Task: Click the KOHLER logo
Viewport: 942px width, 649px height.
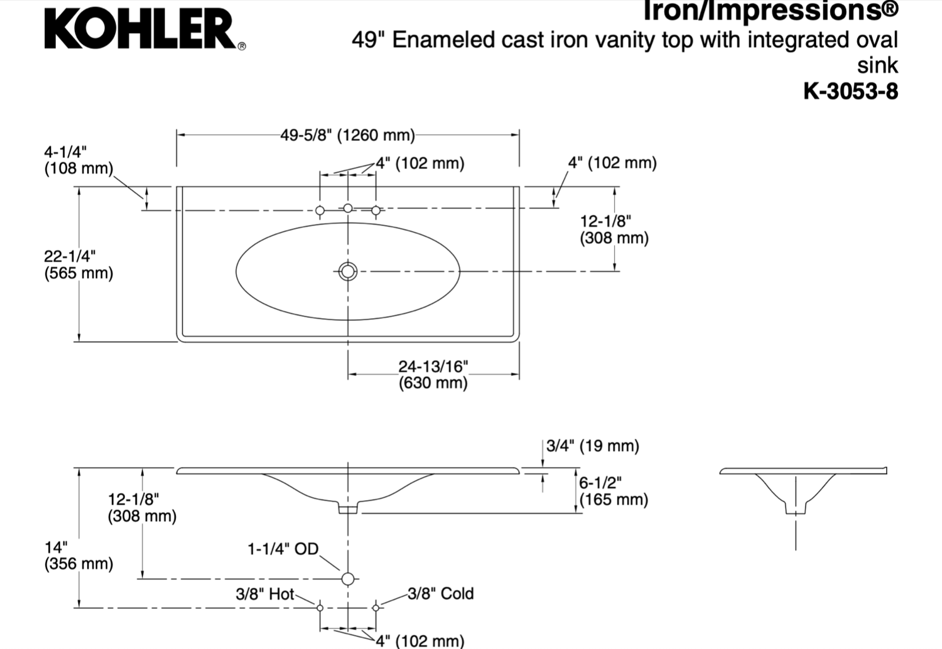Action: pos(145,29)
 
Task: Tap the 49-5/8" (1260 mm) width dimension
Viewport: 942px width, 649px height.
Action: pos(347,135)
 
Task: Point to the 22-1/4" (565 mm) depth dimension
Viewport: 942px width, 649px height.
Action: pos(79,264)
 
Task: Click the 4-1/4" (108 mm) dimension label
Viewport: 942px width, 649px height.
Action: pos(79,160)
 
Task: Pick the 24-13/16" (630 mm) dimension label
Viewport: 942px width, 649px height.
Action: pos(433,375)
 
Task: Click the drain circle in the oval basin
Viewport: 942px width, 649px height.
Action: pos(348,271)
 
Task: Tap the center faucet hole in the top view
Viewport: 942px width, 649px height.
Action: pos(348,208)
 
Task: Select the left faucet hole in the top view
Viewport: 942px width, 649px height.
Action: pos(320,210)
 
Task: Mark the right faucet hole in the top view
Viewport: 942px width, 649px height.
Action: pos(376,210)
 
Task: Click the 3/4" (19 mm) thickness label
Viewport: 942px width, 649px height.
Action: pos(592,446)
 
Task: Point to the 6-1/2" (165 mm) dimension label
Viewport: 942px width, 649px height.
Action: pos(613,491)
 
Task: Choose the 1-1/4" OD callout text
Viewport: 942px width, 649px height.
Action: pos(283,549)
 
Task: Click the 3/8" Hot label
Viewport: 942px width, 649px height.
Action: pos(265,594)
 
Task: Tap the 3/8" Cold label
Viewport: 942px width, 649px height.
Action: pos(440,594)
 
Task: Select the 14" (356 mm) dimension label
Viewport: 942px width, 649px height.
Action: pos(79,555)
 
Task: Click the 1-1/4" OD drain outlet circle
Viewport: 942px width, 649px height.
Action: pos(348,579)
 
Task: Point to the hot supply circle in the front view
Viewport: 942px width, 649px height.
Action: pos(320,608)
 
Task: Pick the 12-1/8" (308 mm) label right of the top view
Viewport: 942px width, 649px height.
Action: pos(615,230)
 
